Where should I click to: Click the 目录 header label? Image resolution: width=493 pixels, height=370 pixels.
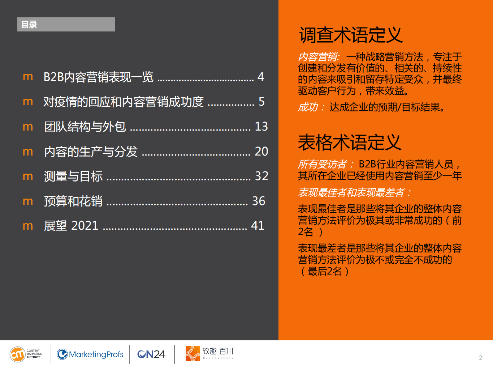[29, 25]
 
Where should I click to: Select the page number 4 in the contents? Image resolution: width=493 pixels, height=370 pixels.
[261, 77]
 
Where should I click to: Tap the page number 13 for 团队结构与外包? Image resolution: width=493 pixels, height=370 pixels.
[261, 126]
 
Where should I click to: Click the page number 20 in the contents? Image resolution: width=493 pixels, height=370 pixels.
[261, 151]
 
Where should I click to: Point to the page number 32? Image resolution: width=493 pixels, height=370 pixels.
[261, 176]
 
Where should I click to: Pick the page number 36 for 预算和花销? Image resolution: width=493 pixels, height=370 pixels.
[259, 201]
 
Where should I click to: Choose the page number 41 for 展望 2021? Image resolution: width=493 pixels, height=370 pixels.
[258, 225]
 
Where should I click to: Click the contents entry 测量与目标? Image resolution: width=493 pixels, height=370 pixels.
[73, 176]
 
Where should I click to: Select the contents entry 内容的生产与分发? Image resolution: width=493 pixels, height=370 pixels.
[91, 152]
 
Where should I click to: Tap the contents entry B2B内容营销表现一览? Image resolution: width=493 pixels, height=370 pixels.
[98, 77]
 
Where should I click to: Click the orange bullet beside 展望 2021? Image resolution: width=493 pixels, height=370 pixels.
[28, 226]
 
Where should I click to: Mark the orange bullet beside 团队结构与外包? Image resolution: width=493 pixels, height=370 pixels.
[28, 127]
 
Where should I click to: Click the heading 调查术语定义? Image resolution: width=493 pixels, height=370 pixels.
[351, 35]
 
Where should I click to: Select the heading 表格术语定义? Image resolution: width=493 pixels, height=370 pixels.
[350, 142]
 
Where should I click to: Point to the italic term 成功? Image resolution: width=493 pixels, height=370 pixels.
[308, 107]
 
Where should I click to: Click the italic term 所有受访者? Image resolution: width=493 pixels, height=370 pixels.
[322, 164]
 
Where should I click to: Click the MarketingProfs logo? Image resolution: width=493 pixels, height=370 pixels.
[90, 354]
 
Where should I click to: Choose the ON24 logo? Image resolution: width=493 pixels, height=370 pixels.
[151, 354]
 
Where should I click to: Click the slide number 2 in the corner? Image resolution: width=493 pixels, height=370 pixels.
[480, 357]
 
